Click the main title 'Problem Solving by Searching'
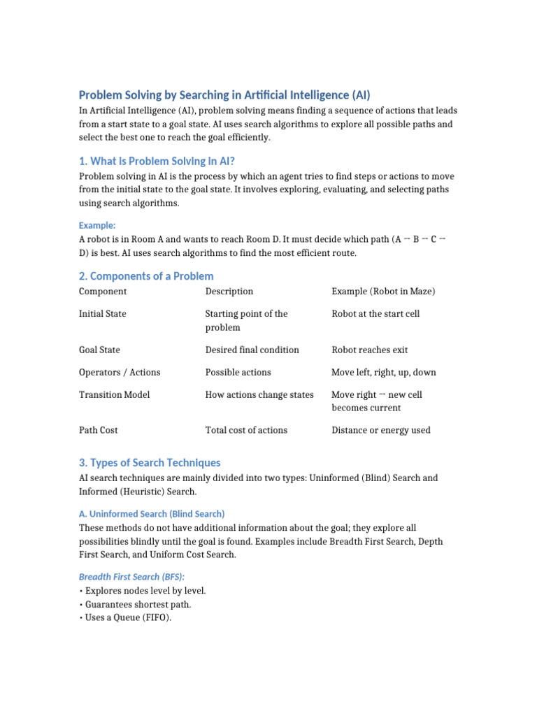click(x=224, y=95)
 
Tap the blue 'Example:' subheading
click(x=97, y=225)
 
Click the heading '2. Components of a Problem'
click(x=146, y=276)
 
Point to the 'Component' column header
click(x=103, y=292)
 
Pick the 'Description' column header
click(x=229, y=292)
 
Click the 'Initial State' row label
click(x=103, y=314)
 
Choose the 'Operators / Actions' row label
click(x=120, y=372)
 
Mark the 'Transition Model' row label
click(x=114, y=394)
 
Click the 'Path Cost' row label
click(x=99, y=430)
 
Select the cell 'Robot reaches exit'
click(x=370, y=350)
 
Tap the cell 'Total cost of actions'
click(x=246, y=430)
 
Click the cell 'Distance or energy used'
click(x=381, y=430)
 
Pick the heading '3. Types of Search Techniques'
click(x=150, y=463)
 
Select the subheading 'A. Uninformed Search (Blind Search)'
click(x=152, y=514)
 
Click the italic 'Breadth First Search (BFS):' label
click(x=131, y=576)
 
